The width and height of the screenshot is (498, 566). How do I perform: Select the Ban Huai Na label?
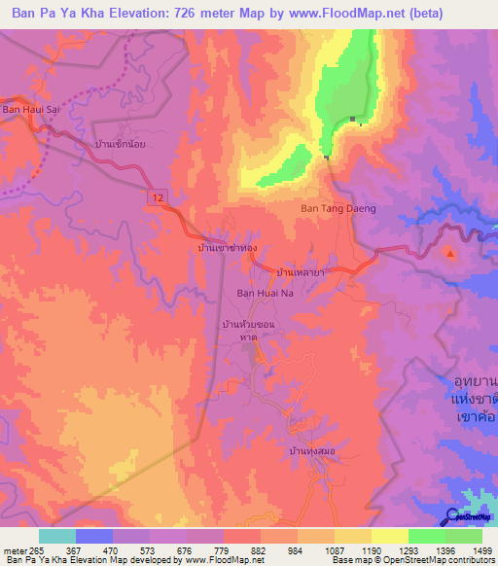(x=266, y=292)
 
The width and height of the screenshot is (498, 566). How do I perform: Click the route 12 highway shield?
(x=156, y=196)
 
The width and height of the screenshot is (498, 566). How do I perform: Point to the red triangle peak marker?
(x=450, y=254)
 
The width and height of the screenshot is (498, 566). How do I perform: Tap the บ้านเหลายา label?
(x=300, y=274)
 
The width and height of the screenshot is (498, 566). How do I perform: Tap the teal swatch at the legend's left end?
(x=56, y=536)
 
